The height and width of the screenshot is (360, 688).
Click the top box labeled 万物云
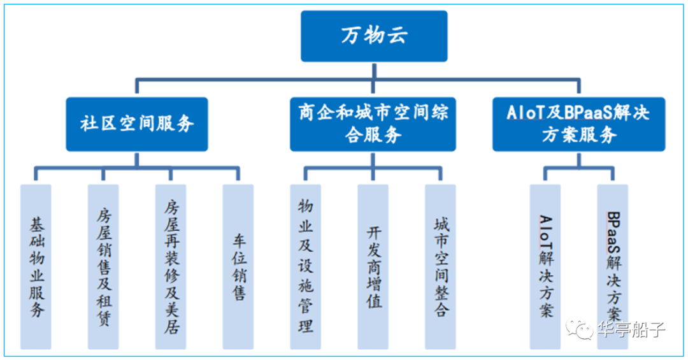(374, 36)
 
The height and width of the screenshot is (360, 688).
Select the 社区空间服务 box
(137, 124)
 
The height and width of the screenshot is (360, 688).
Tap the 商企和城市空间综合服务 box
(373, 124)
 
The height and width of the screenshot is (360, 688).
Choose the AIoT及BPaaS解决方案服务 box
(578, 124)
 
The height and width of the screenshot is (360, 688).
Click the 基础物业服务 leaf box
(36, 267)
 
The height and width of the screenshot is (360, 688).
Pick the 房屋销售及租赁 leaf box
(103, 267)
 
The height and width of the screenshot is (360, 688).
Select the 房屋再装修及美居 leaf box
(171, 267)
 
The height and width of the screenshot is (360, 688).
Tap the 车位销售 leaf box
(238, 267)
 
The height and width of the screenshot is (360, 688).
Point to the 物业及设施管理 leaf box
(305, 267)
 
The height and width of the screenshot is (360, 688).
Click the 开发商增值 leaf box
(373, 267)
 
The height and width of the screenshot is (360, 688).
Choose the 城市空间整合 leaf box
(441, 267)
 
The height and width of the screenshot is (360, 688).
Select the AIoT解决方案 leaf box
(545, 267)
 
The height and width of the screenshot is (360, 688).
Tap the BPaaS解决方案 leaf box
(613, 267)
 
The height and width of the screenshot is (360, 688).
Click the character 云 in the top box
(397, 35)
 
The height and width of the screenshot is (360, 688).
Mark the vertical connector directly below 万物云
(374, 71)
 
